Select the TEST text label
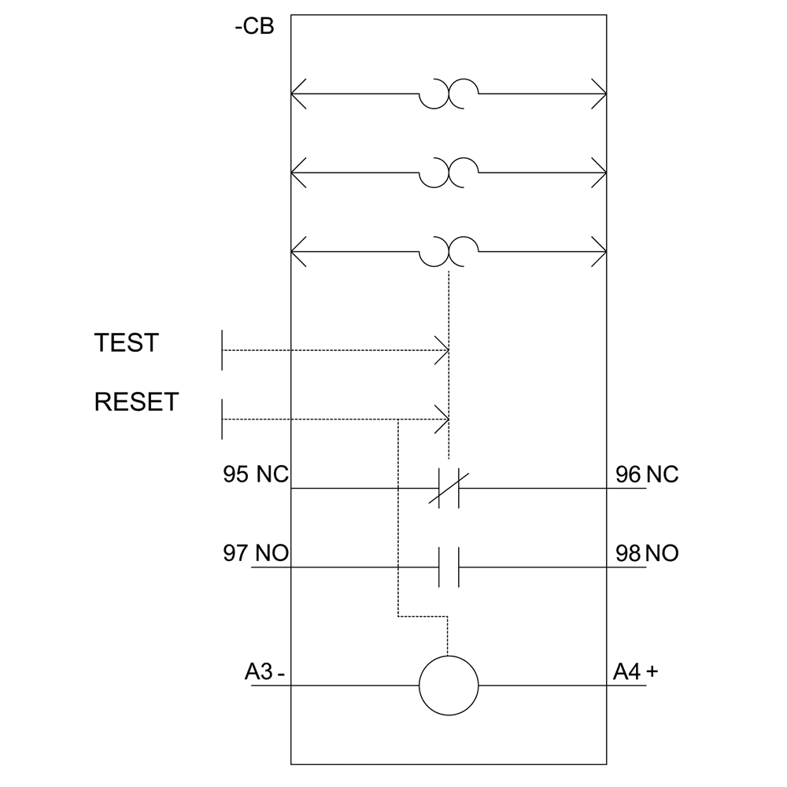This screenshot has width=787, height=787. [x=126, y=343]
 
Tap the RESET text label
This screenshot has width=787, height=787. [x=136, y=402]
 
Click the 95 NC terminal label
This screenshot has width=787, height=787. [x=256, y=475]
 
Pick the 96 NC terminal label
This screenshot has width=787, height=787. [x=646, y=475]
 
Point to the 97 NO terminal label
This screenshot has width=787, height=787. [x=256, y=553]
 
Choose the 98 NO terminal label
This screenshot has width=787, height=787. [x=646, y=553]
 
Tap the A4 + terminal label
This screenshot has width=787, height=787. [x=636, y=672]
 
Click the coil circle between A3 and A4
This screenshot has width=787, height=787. [x=449, y=685]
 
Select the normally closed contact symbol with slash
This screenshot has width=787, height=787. [x=449, y=488]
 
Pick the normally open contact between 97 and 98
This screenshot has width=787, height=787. [x=449, y=567]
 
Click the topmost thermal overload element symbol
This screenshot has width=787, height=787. [x=449, y=94]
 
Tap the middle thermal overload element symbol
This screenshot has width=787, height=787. [x=449, y=173]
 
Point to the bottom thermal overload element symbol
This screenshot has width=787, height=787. [x=449, y=252]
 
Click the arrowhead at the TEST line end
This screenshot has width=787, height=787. [x=443, y=349]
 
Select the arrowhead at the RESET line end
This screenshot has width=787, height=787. [x=443, y=419]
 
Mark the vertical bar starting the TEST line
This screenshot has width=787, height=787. [x=223, y=349]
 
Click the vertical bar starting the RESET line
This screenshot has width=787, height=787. [x=223, y=419]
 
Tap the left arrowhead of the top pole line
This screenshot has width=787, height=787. [x=297, y=94]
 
